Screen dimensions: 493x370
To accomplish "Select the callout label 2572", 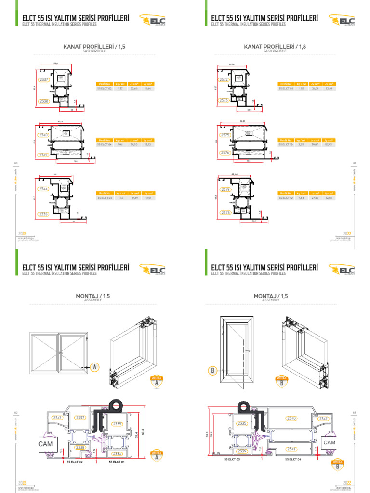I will tap(223, 79).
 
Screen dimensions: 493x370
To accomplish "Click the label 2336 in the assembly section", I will tap(117, 454).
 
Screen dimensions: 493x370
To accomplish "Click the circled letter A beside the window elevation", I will tap(94, 367).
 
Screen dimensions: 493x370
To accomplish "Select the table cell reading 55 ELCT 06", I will tap(105, 198).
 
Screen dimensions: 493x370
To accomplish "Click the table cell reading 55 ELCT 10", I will tap(285, 144).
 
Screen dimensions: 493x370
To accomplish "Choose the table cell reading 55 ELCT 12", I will tap(285, 198).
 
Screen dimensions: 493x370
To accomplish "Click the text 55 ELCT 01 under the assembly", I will tap(117, 462).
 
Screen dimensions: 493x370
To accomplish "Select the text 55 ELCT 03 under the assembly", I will tap(233, 460).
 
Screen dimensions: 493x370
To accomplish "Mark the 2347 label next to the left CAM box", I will tap(57, 418).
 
